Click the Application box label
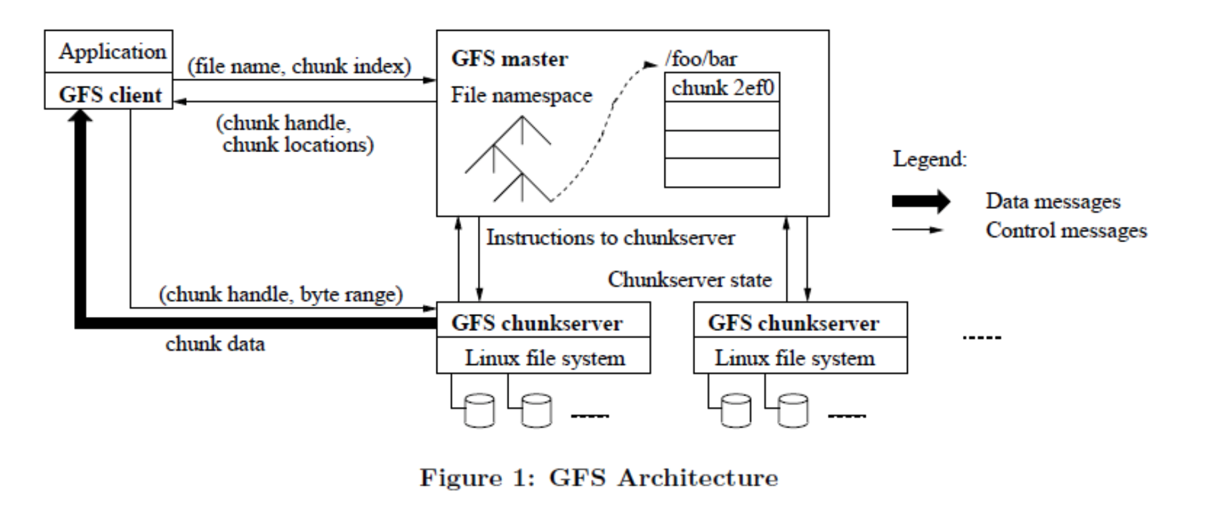click(112, 51)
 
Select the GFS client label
click(110, 95)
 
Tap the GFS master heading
click(509, 59)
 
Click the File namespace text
click(521, 95)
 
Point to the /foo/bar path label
click(701, 59)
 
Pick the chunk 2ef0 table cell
click(722, 87)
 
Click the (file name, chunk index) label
click(299, 66)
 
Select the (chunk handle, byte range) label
click(281, 294)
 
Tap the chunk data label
click(215, 344)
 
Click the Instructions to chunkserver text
click(610, 237)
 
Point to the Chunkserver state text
click(689, 279)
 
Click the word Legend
click(929, 159)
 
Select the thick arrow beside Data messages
click(921, 201)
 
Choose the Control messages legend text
click(1066, 230)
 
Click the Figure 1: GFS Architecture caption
click(599, 478)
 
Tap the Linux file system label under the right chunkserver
click(794, 358)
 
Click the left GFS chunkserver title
click(537, 323)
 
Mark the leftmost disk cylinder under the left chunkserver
click(479, 410)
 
